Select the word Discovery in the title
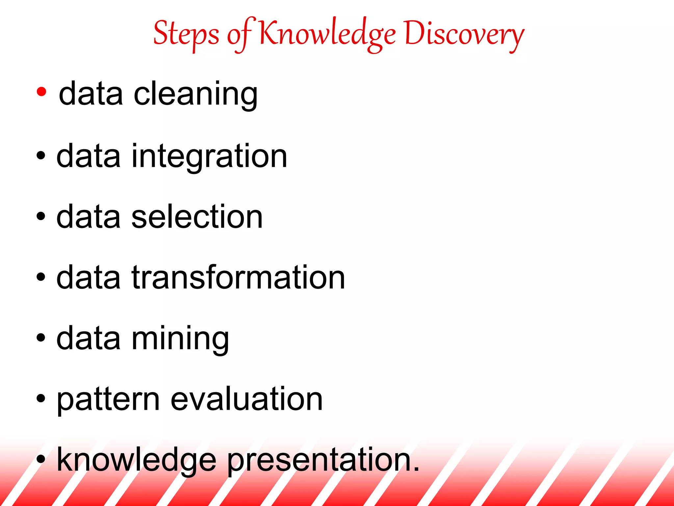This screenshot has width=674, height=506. point(464,35)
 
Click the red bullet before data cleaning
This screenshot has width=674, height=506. point(41,92)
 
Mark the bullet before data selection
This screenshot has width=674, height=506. point(41,216)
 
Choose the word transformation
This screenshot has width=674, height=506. point(238,278)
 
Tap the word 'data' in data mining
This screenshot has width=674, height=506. point(89,339)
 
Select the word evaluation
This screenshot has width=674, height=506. point(247,399)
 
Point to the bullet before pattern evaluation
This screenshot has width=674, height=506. point(41,399)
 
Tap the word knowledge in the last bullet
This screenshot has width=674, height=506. point(137,461)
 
